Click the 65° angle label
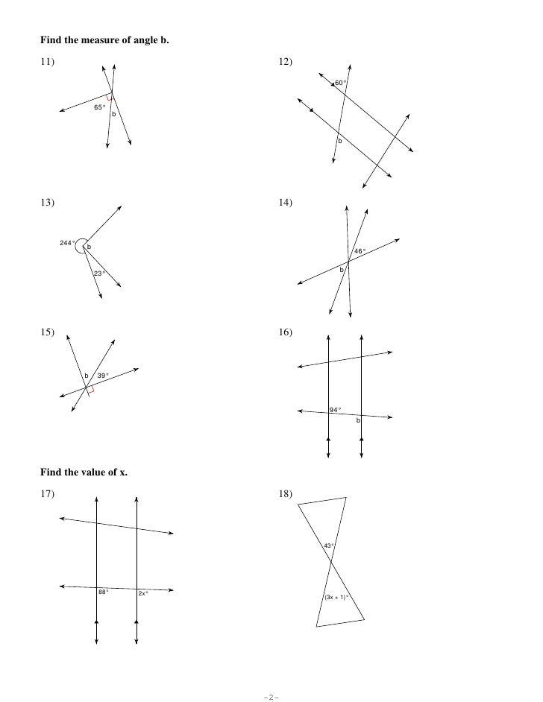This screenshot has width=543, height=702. point(99,107)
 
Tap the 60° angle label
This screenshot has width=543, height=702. point(340,82)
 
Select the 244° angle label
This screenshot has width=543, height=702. point(67,243)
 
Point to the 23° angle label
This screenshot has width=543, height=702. point(98,273)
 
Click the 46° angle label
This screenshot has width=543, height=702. point(360,251)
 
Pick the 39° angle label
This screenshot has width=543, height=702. point(103,375)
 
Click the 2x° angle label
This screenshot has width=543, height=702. point(143,593)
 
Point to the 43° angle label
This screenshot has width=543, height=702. point(328,546)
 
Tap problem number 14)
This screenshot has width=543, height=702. point(285,202)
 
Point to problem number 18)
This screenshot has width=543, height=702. point(285,493)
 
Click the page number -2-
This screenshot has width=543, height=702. point(271,697)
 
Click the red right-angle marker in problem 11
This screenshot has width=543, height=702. point(110,97)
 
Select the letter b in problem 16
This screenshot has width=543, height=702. point(358,421)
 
